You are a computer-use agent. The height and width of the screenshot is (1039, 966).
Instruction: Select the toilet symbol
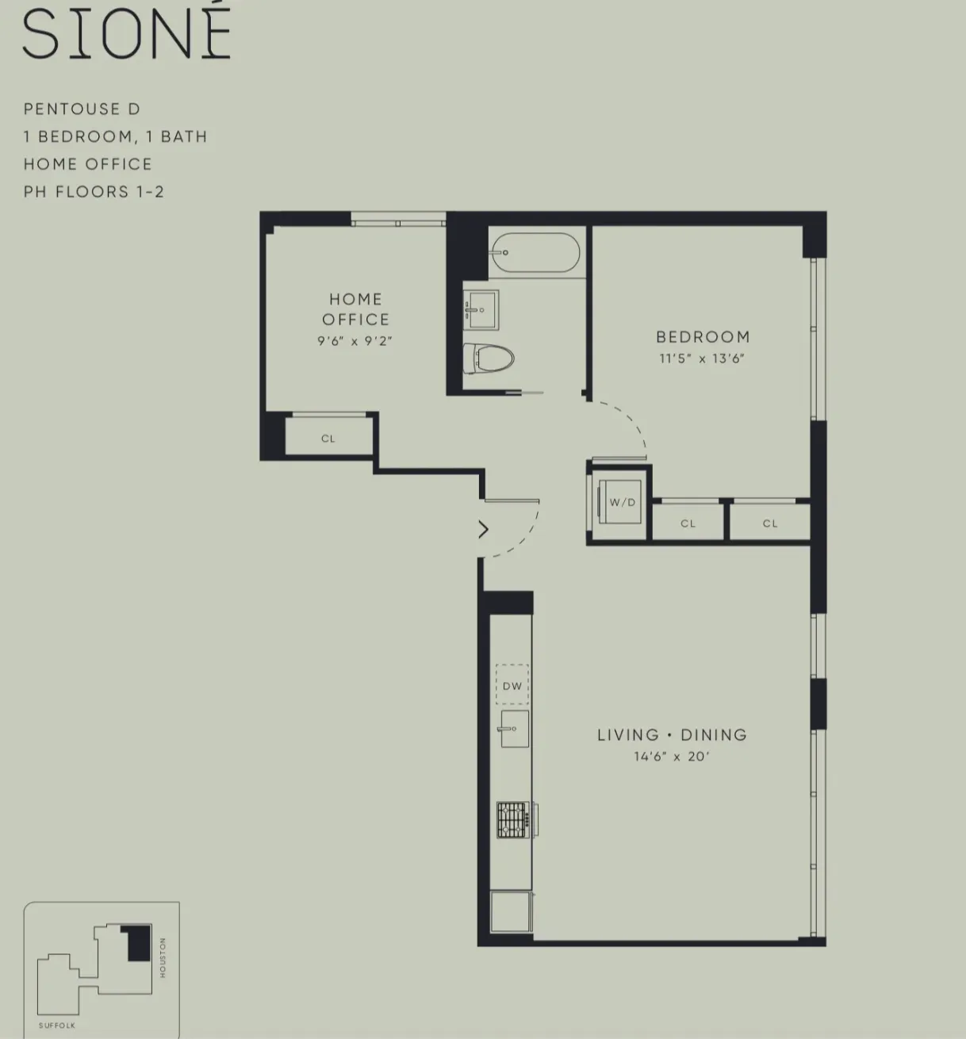489,358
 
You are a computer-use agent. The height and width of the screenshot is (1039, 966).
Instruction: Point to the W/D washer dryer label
623,503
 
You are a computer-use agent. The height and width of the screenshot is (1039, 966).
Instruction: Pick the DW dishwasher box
512,685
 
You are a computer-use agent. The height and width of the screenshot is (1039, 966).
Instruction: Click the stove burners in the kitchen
512,820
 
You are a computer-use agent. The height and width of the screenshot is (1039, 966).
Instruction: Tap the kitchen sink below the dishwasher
514,728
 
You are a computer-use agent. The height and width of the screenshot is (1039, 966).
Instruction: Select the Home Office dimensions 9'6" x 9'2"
355,342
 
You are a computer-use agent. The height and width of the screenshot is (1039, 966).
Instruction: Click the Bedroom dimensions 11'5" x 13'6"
702,358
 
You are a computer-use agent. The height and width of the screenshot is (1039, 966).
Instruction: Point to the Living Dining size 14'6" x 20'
671,757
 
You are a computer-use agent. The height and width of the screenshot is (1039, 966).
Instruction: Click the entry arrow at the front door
483,529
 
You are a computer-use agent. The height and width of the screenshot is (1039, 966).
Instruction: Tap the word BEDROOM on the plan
703,337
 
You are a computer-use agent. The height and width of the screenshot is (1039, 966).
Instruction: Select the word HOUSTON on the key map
163,957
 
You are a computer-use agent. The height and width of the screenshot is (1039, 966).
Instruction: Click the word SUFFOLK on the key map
57,1026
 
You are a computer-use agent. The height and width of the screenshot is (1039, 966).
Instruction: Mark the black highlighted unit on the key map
139,944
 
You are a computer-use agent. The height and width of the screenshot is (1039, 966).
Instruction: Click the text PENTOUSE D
82,109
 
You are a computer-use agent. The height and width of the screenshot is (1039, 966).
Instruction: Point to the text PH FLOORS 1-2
94,192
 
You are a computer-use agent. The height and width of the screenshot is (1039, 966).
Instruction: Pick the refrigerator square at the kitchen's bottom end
512,912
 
